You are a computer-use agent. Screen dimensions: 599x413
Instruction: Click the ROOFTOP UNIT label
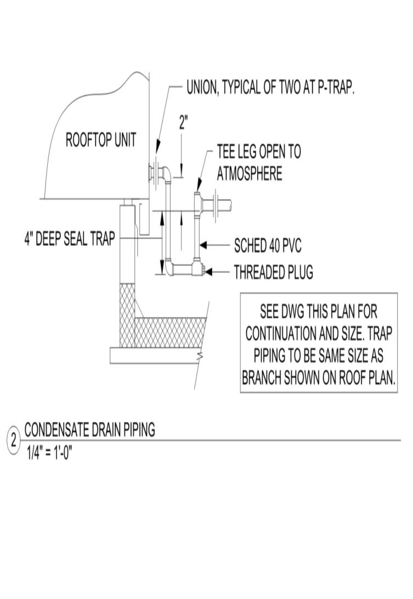[x=100, y=140]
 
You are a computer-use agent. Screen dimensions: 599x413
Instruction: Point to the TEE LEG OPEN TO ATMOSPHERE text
[x=258, y=163]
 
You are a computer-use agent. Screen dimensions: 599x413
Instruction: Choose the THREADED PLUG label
[x=273, y=272]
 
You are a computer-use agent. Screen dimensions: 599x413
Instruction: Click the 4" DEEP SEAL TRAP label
[x=69, y=239]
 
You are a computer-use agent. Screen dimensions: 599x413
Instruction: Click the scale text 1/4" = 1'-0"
[x=50, y=454]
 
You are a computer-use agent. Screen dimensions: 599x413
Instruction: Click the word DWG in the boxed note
[x=297, y=312]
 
